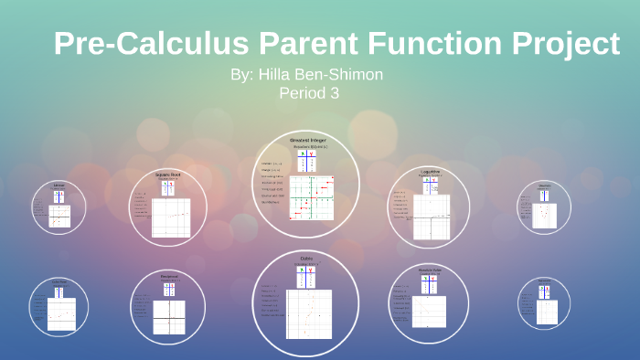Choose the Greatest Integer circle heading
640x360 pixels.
(x=306, y=140)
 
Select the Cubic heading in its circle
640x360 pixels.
(x=306, y=259)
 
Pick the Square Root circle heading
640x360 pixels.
(x=168, y=174)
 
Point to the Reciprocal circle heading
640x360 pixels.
(x=168, y=274)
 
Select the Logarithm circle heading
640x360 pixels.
(x=430, y=171)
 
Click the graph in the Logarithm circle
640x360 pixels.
(x=432, y=222)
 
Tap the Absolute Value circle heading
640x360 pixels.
(x=430, y=270)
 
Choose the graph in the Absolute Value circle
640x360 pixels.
(x=430, y=312)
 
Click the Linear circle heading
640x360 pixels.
(x=59, y=185)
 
